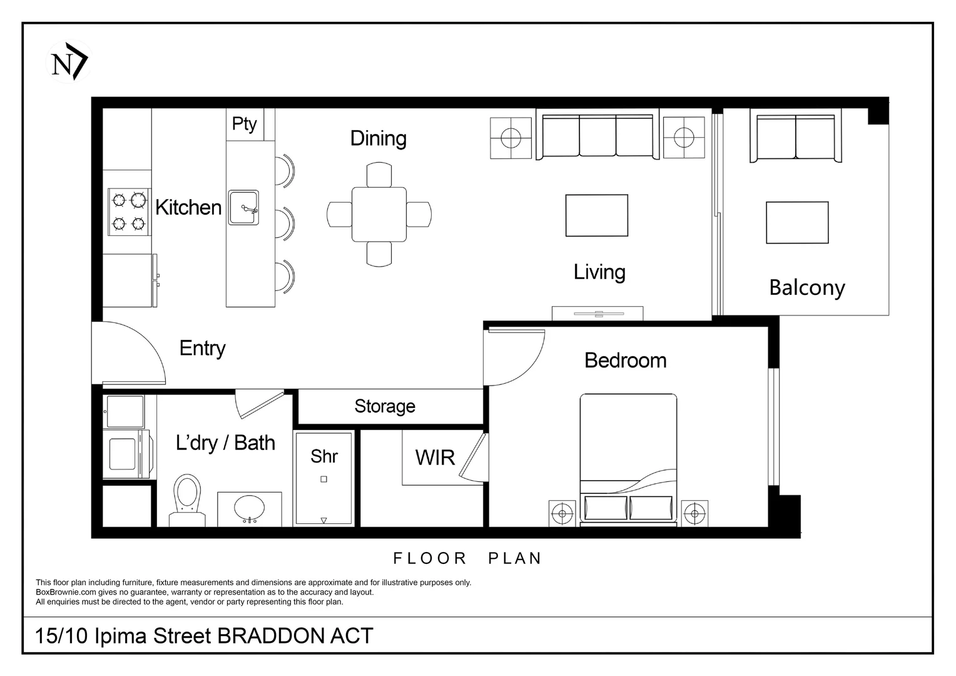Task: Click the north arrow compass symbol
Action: (69, 63)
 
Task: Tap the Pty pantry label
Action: (244, 123)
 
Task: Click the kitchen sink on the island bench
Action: (243, 207)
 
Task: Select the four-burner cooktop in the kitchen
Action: (128, 212)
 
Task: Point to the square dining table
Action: (379, 214)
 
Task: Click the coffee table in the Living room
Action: (596, 215)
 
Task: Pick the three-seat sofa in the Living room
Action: (597, 136)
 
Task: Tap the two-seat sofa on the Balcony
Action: (795, 138)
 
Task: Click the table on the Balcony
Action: (797, 222)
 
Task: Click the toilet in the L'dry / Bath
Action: (187, 498)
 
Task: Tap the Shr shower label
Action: (323, 456)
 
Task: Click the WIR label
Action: (435, 458)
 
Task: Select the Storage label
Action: (385, 406)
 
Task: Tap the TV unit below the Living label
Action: (597, 313)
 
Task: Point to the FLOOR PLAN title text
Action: (467, 558)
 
